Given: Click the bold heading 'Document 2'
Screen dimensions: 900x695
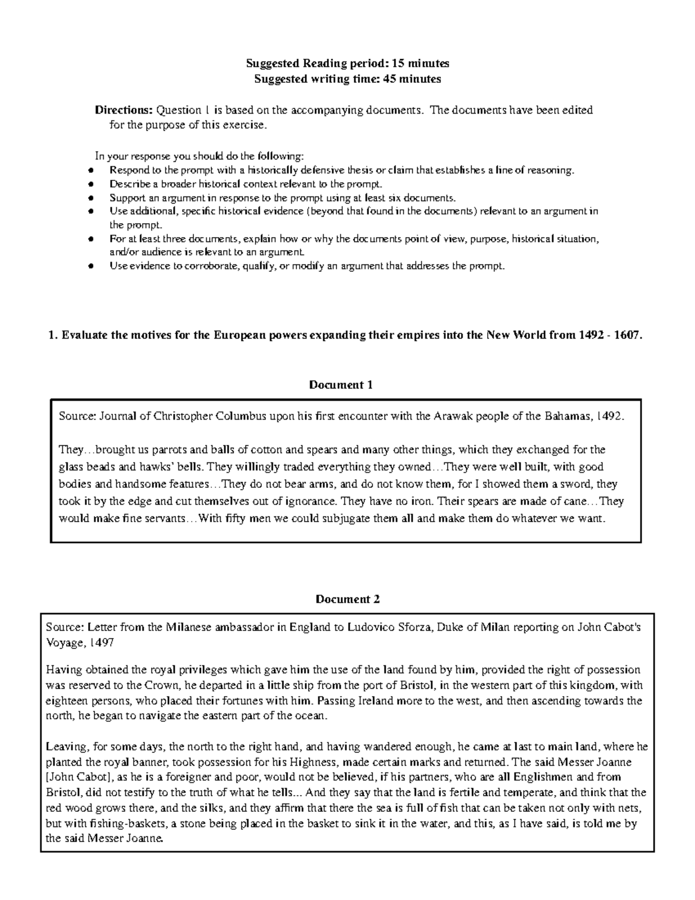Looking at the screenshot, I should tap(348, 599).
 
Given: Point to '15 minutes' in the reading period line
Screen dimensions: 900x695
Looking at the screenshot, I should tap(425, 63).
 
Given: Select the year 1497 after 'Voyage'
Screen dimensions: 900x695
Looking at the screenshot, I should tap(101, 643).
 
